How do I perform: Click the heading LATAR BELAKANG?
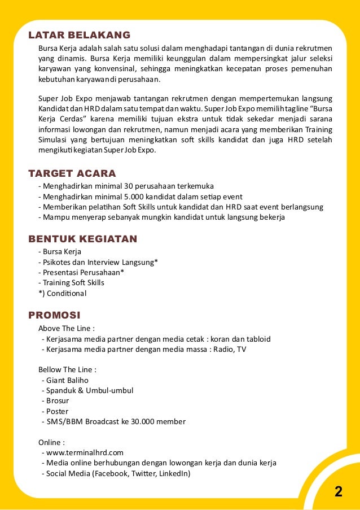point(79,34)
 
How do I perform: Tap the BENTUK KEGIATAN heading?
point(82,238)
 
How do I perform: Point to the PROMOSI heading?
point(54,315)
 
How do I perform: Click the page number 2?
point(338,491)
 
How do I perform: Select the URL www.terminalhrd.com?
point(85,452)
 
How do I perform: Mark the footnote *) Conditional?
point(62,293)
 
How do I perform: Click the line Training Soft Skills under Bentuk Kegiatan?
point(73,282)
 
